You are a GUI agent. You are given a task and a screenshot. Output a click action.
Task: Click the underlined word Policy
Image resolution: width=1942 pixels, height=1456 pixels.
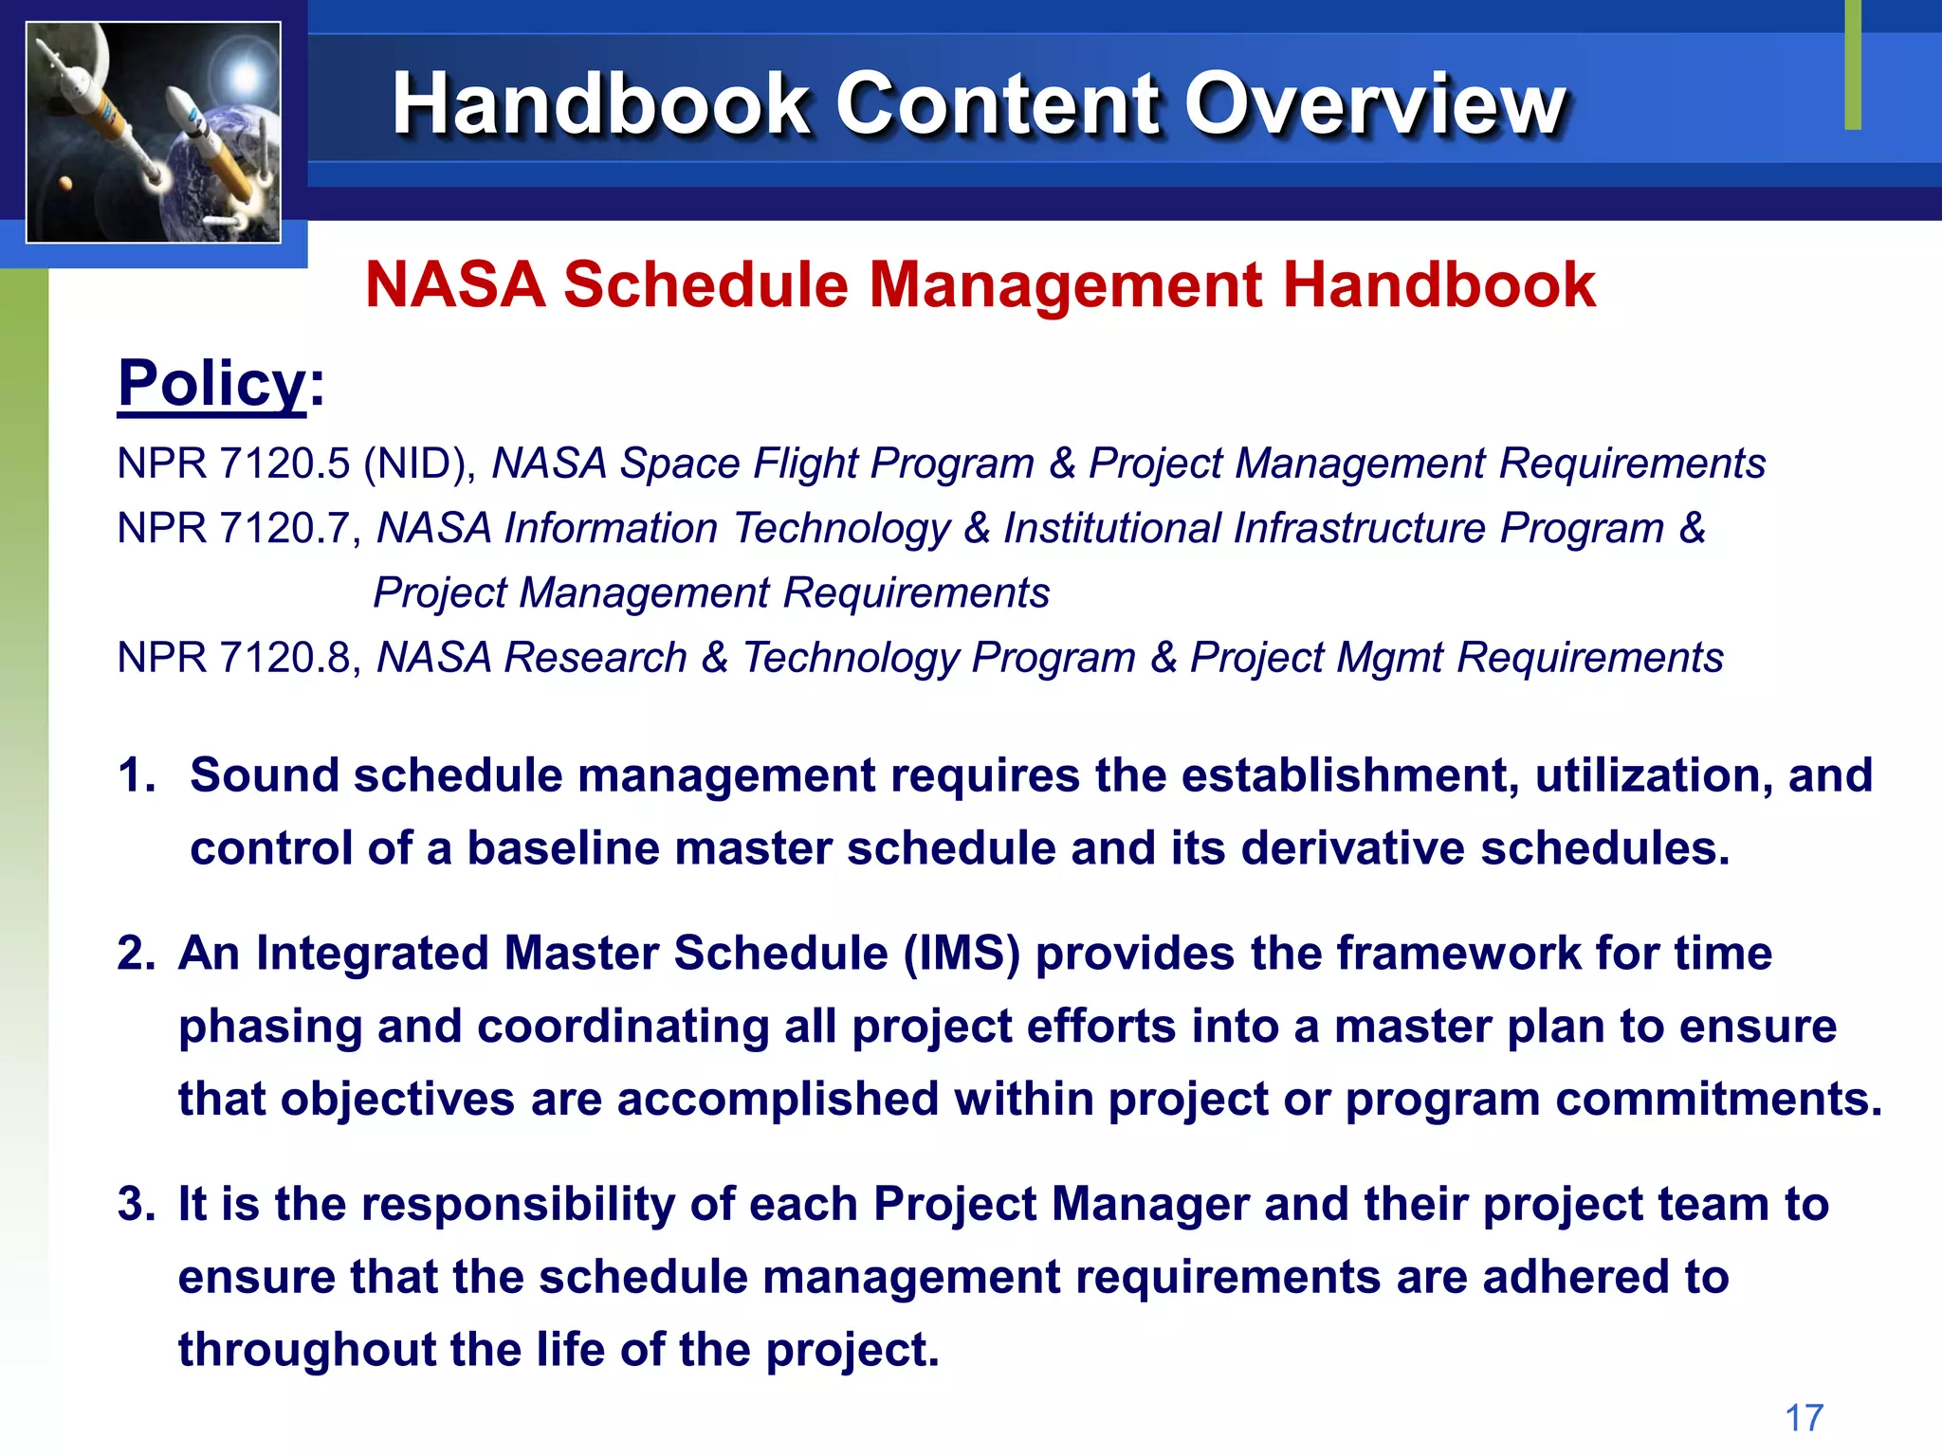211,383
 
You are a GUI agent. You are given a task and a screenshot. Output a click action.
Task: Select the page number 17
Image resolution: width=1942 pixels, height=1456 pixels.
1804,1418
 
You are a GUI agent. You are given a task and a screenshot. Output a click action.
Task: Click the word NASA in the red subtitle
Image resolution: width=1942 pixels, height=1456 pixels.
455,284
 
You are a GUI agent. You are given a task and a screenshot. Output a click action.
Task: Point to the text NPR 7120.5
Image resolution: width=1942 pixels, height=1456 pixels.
233,464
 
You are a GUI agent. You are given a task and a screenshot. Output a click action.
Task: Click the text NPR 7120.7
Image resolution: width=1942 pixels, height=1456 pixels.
233,529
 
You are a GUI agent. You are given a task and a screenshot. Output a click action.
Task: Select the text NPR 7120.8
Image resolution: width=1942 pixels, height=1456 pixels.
233,658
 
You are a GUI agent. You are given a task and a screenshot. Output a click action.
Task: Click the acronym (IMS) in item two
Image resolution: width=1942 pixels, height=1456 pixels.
962,954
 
